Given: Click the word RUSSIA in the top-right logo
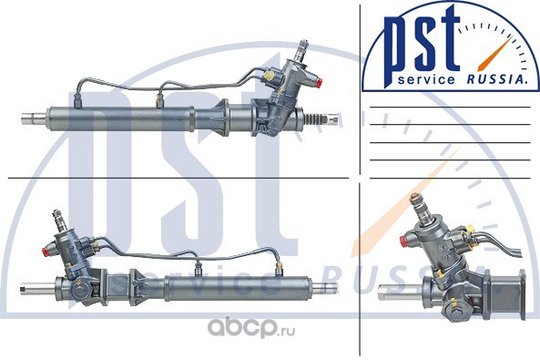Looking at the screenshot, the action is point(496,79).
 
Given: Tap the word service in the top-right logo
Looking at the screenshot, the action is point(426,80).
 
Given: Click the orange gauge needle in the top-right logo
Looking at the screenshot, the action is point(494,52).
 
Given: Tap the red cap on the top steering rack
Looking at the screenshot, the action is point(319,82).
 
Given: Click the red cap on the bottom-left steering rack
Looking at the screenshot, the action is point(46,251).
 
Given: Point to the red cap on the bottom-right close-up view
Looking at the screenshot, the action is point(404,241).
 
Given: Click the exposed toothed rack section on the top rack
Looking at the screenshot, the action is point(315,119).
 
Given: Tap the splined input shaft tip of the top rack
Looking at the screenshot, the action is point(303,46).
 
